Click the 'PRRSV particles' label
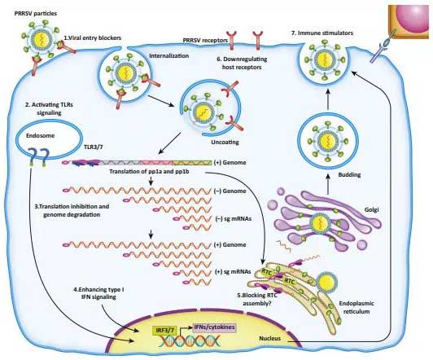tap(36, 13)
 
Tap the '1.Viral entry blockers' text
tap(93, 37)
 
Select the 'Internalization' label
tap(169, 56)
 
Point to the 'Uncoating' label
tap(225, 143)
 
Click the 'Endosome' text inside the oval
tap(40, 136)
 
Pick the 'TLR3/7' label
tap(93, 147)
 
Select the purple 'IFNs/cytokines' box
tap(214, 327)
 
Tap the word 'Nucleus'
tap(269, 338)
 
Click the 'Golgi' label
tap(371, 209)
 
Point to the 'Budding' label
tap(349, 174)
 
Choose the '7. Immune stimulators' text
tap(322, 33)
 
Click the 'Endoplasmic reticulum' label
tap(356, 307)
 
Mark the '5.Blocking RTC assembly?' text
tap(257, 299)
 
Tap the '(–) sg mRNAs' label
tap(233, 219)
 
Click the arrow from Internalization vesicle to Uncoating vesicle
tap(161, 101)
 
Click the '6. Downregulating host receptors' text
tap(242, 63)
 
